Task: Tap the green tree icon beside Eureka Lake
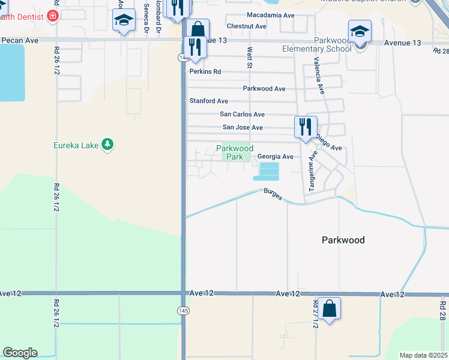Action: [107, 144]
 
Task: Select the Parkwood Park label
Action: [235, 152]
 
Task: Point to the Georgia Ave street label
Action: [276, 157]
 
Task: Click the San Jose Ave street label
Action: [243, 127]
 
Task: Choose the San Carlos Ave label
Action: [243, 114]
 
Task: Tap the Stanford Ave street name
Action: [209, 101]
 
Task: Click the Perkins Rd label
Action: [205, 71]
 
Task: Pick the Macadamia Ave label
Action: [270, 15]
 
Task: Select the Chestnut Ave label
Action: [246, 26]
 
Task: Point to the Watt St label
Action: [247, 58]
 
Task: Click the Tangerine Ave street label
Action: [312, 172]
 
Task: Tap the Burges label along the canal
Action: [273, 194]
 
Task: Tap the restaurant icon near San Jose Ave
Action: [305, 127]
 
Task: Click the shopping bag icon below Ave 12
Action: [329, 308]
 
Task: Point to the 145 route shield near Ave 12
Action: [182, 310]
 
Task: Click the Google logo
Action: [20, 353]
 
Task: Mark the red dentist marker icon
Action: [53, 16]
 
